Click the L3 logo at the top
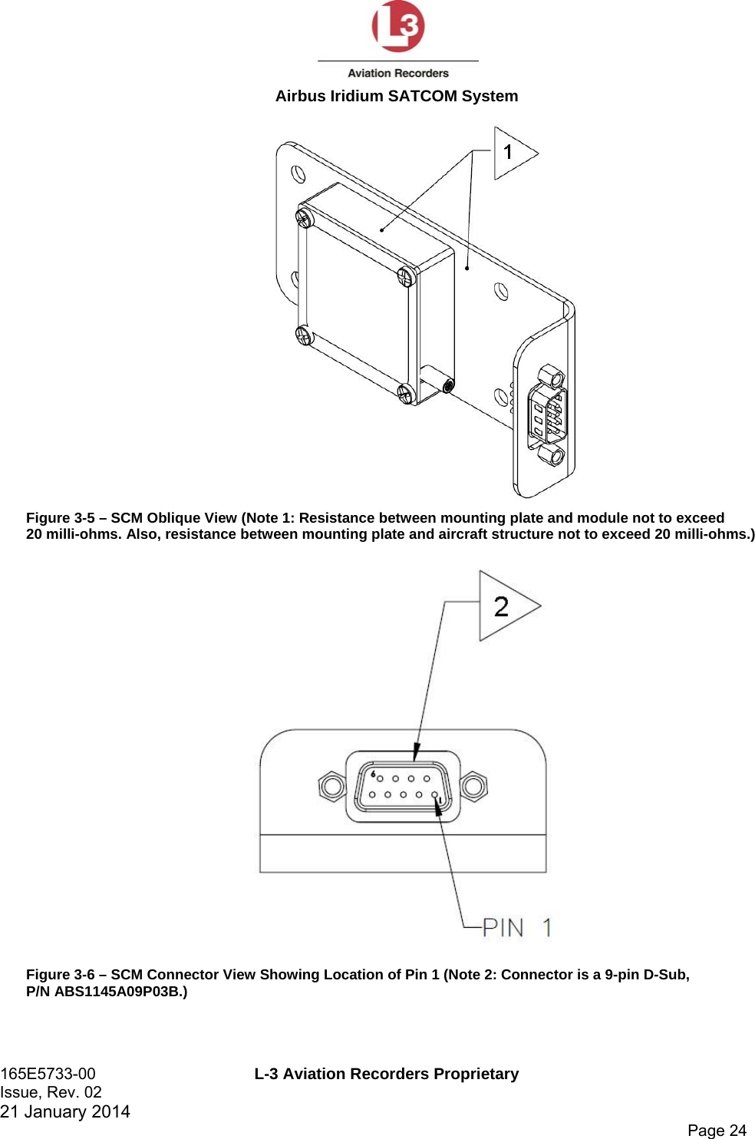click(397, 27)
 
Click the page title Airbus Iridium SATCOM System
click(397, 96)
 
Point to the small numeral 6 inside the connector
click(373, 774)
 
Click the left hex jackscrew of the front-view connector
click(332, 786)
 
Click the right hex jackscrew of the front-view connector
click(473, 785)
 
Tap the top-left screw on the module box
click(305, 218)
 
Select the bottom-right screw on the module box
click(407, 394)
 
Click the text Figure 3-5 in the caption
click(60, 518)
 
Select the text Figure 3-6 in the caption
click(60, 975)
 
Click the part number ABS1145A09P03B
click(117, 991)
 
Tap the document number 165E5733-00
click(48, 1074)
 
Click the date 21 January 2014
click(65, 1111)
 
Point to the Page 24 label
click(717, 1130)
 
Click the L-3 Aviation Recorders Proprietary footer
click(387, 1074)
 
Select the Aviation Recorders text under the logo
click(398, 74)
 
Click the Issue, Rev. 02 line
click(51, 1092)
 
